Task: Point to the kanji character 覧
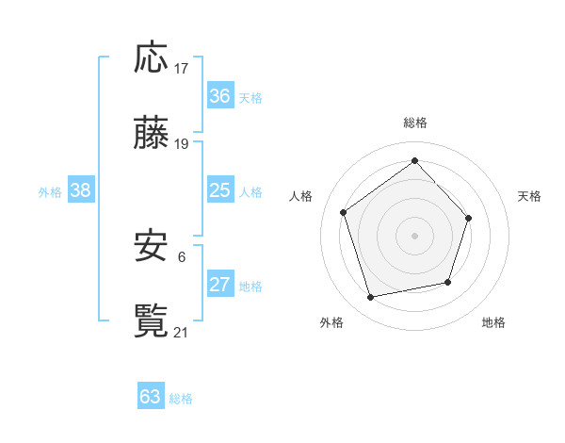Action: [152, 320]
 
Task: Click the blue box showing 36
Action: [219, 96]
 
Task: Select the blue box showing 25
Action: [219, 190]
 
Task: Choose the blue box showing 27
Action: [219, 285]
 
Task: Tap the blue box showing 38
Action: [81, 190]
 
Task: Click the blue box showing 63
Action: [151, 397]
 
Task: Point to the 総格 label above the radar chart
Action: [415, 123]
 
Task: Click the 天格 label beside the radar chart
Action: [529, 196]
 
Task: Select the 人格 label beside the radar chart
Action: [301, 196]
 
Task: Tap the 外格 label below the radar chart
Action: [331, 322]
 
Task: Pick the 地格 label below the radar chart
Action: [493, 322]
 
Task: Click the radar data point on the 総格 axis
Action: [414, 160]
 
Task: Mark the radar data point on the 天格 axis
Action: [470, 218]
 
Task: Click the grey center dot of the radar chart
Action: [414, 235]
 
